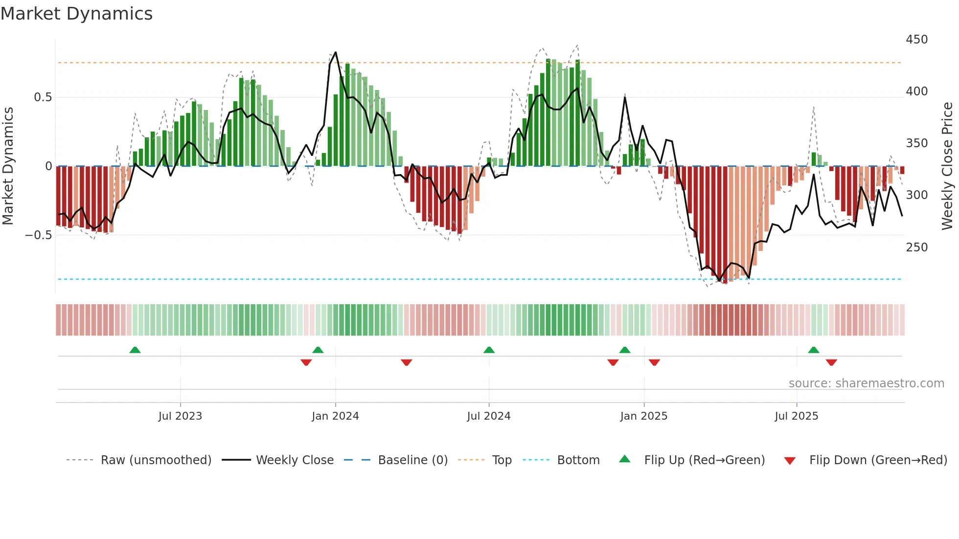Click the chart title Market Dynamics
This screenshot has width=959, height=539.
pos(76,14)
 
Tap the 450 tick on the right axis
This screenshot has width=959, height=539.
pos(916,40)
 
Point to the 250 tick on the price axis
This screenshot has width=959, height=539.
pos(916,247)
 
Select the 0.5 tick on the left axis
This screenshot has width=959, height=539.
pos(43,97)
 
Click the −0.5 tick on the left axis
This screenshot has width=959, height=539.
pos(39,235)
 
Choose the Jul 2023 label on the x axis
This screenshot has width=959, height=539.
pos(180,416)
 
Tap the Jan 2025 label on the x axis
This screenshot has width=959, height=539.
pos(643,416)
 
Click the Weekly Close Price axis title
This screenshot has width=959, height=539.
pos(947,166)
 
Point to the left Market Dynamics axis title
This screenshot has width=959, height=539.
pos(8,166)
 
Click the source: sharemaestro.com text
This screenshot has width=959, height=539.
pos(866,383)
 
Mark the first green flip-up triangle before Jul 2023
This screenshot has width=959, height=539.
pos(135,350)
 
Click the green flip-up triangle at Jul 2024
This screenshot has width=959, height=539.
pos(489,350)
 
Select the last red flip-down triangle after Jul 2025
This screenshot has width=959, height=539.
pos(831,362)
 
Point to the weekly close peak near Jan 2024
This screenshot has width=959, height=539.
pos(335,52)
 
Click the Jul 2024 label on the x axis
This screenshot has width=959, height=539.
pos(488,416)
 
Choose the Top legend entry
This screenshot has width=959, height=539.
pos(502,460)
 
